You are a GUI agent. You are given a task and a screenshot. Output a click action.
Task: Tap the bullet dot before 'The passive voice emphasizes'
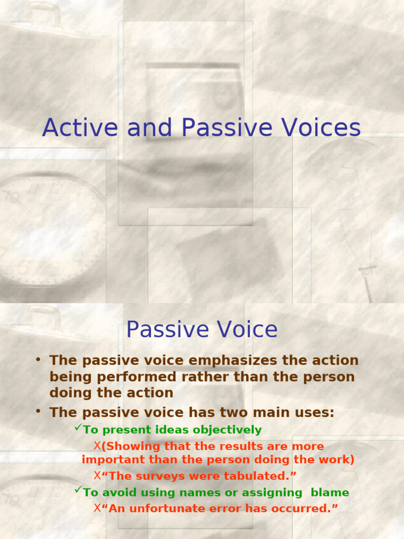(x=38, y=360)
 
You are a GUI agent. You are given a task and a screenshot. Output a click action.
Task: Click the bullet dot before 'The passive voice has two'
(x=38, y=411)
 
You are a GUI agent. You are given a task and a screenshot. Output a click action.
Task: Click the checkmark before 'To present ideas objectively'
(x=78, y=428)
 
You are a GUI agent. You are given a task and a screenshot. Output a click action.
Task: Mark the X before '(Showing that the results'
(x=97, y=446)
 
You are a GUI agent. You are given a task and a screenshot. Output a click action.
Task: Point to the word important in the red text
(x=108, y=460)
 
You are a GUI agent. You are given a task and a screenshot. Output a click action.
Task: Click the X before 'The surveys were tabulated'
(x=97, y=475)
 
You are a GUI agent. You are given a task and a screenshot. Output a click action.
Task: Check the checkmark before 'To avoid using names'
(x=78, y=491)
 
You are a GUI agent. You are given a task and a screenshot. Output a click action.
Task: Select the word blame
(x=330, y=493)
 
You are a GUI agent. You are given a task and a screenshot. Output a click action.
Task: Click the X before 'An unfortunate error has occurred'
(x=97, y=508)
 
